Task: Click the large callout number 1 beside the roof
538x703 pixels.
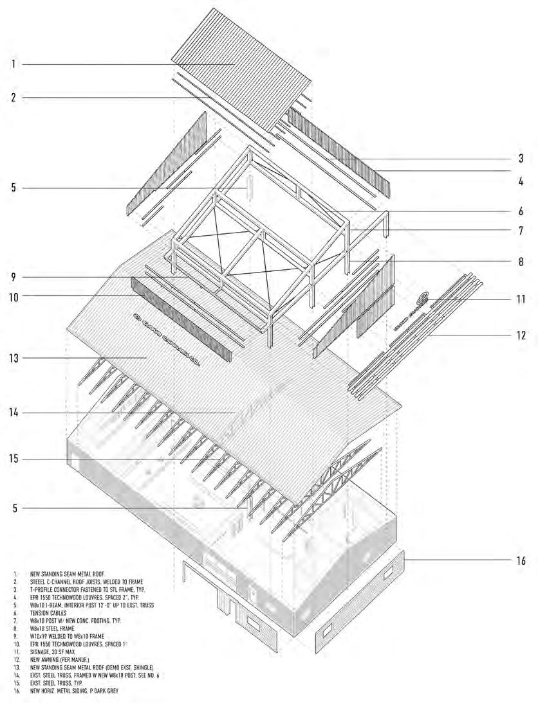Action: pos(13,64)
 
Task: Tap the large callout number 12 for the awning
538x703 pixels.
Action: pos(521,335)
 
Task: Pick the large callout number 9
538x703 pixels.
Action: pos(13,277)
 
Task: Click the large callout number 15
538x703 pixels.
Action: pos(15,459)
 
